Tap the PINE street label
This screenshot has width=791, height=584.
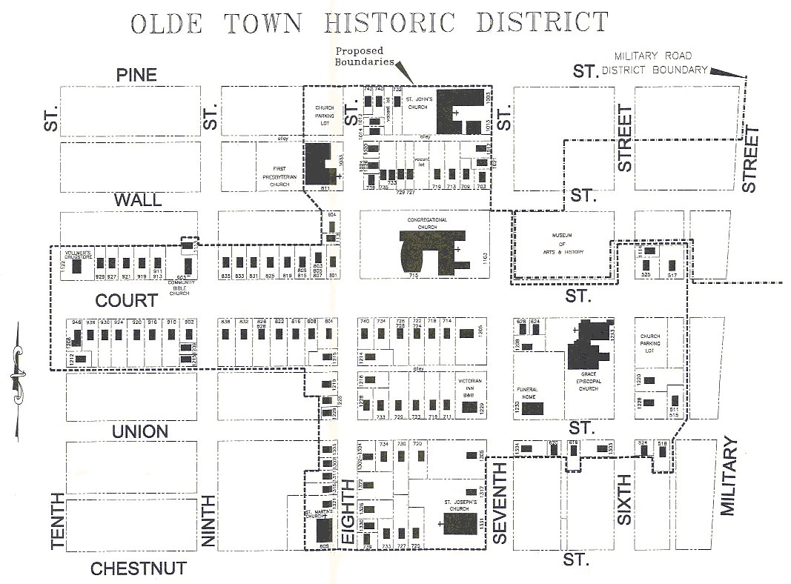pos(136,75)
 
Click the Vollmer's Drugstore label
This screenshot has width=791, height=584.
pos(76,254)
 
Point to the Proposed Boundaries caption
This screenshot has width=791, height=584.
pos(365,56)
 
